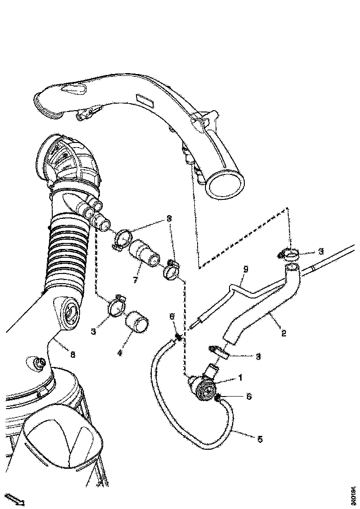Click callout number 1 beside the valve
[240, 378]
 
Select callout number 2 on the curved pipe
[283, 332]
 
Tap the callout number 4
[119, 353]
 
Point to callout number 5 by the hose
[260, 439]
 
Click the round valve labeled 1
[204, 389]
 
